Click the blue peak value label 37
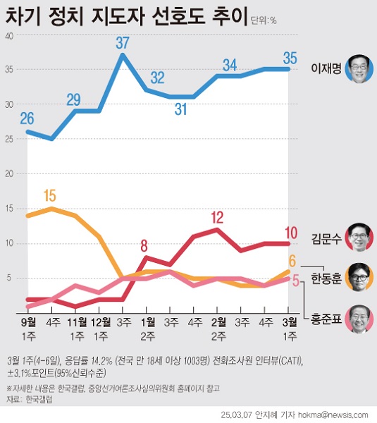tap(123, 42)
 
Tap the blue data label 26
tap(27, 118)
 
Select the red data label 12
tap(218, 216)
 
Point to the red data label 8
tap(145, 245)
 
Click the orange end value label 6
tap(292, 260)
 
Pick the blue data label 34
tap(230, 64)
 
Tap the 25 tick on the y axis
tap(8, 139)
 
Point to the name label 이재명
tap(326, 69)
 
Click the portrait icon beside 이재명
tap(359, 69)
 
